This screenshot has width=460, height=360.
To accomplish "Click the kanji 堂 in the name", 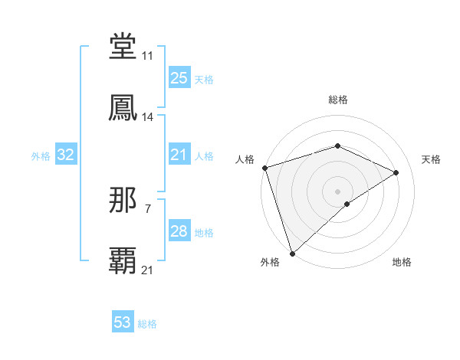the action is point(123,47).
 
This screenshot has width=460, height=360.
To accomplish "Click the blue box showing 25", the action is point(179,78).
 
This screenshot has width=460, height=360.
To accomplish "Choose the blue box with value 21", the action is point(179,155).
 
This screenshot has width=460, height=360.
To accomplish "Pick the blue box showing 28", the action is point(179,231).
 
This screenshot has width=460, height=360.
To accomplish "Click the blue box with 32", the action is point(66,155).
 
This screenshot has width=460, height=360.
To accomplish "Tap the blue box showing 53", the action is point(123,322).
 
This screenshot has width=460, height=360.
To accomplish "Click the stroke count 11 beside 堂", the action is point(147,56).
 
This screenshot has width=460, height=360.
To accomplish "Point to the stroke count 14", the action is point(148,117).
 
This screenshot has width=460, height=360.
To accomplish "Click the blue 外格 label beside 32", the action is point(41,156).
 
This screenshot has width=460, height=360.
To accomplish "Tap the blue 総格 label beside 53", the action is point(147,324).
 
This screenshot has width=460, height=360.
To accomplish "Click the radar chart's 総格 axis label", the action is point(338,100).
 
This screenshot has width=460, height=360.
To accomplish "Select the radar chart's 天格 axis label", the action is point(432,159).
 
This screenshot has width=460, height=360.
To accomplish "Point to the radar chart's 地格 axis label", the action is point(402,262).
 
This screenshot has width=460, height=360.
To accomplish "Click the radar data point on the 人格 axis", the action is point(264,168).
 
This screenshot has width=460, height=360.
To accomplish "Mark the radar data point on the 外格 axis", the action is point(292,253).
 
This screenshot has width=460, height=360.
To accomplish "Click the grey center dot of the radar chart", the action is point(338,191).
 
